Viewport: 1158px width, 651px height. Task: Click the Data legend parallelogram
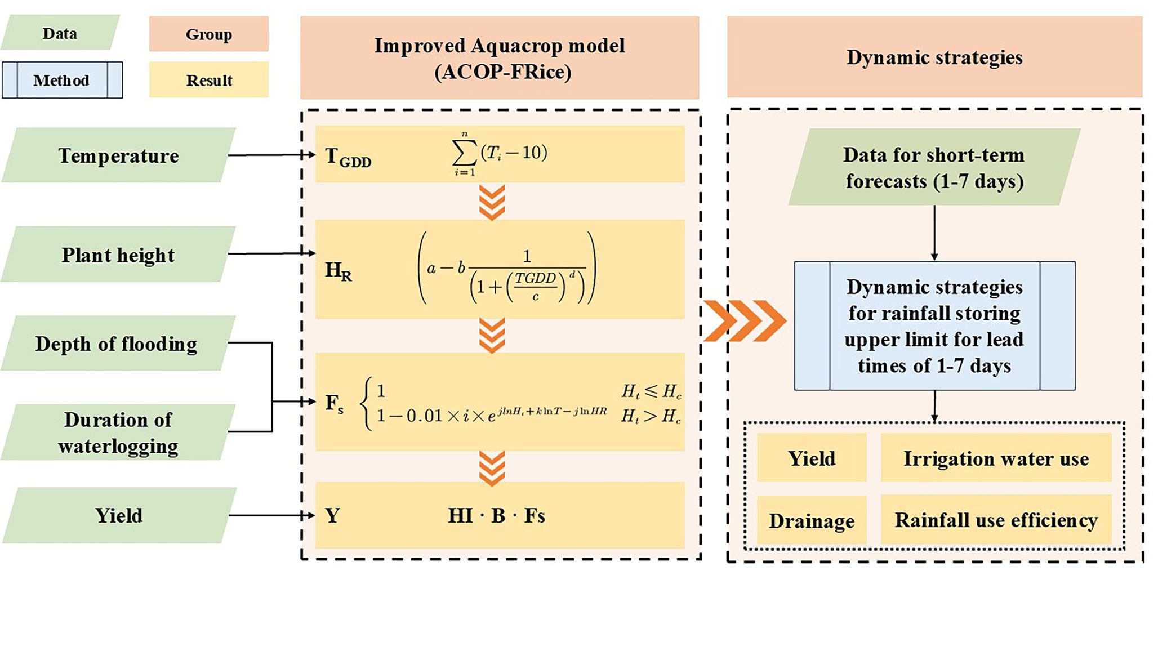click(60, 33)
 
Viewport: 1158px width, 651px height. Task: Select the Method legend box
click(62, 80)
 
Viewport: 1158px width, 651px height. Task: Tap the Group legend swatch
click(208, 34)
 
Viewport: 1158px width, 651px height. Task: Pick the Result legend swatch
click(208, 80)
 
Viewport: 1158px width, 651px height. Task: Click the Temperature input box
click(118, 155)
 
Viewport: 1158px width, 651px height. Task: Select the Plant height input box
click(118, 255)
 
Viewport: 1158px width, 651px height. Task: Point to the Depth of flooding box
click(117, 344)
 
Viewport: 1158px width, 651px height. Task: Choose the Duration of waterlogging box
click(118, 432)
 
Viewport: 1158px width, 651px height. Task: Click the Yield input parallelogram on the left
click(119, 515)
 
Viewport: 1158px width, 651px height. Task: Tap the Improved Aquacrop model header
click(500, 58)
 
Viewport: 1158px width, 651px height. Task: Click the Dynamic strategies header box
click(934, 57)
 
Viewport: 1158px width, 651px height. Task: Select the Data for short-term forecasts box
click(934, 167)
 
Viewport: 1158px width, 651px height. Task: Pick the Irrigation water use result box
click(996, 458)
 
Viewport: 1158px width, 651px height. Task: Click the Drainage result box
click(811, 520)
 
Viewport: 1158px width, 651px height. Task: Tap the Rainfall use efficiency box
click(996, 520)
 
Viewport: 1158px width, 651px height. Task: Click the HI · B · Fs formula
click(496, 515)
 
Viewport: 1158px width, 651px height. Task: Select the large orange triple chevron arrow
click(745, 321)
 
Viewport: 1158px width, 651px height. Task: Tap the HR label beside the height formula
click(338, 271)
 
